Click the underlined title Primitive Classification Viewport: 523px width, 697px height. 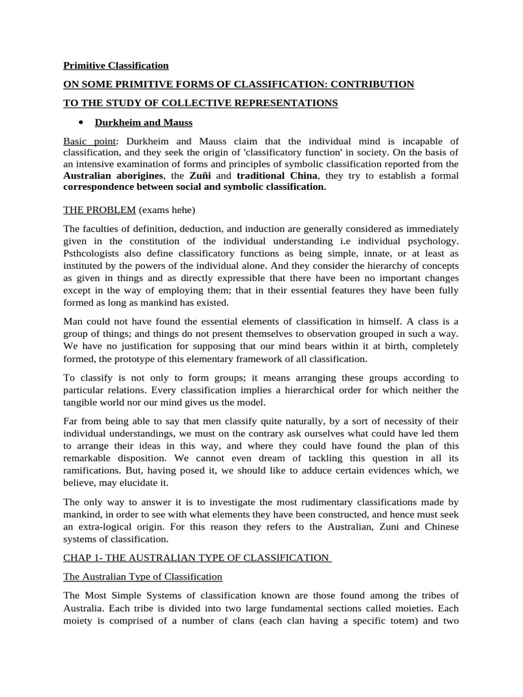[x=116, y=66]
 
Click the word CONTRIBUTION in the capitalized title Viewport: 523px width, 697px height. [x=370, y=84]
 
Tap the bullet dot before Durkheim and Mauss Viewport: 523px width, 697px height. [x=80, y=123]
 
